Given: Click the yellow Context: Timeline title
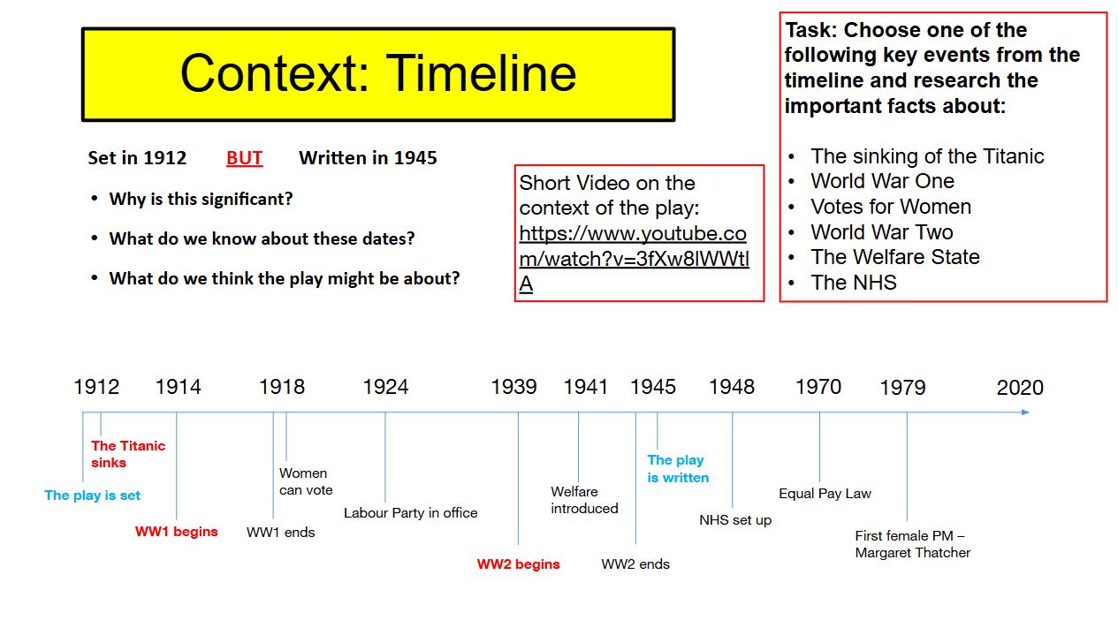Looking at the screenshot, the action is coord(378,74).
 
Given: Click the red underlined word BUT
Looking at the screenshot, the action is coord(245,158).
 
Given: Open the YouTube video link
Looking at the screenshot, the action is coord(634,259).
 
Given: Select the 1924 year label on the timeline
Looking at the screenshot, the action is coord(385,387).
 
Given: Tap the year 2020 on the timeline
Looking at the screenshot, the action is coord(1020,388).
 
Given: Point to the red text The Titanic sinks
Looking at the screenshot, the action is coord(128,454).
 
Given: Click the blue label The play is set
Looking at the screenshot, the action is coord(92,496).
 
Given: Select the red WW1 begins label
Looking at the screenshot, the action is coord(176,532).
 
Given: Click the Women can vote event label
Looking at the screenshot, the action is coord(306,481).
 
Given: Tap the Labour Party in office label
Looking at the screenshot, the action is coord(410,513).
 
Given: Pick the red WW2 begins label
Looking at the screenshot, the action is coord(518,564).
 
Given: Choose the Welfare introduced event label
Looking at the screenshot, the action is coord(584,500).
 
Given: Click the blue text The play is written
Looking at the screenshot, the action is coord(678,469).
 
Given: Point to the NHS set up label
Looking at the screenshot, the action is coord(735,520).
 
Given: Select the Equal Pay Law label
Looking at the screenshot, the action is coord(825,494).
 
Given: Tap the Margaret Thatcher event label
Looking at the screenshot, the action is coord(912,544).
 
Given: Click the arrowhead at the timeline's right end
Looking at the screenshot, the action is coord(1025,412).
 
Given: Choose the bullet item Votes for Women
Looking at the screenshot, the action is coord(891,207).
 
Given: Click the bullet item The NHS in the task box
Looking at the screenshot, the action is coord(854,283).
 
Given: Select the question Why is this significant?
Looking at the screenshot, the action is coord(201,199).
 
